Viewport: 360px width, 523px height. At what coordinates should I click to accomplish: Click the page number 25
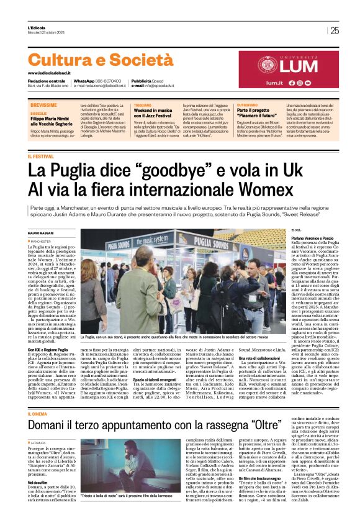coord(335,30)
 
